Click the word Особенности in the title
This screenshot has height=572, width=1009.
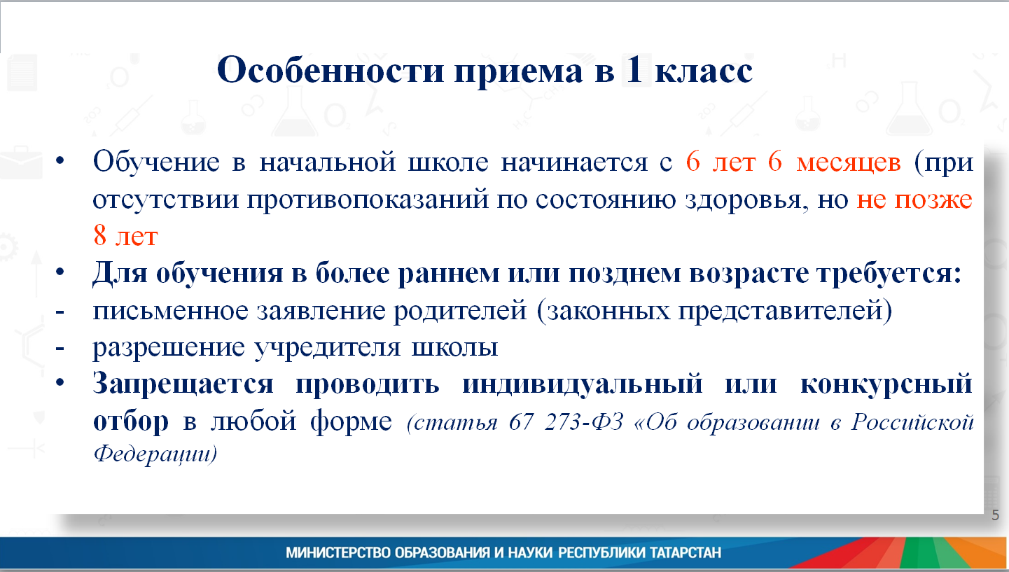(330, 70)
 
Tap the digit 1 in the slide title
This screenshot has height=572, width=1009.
(634, 69)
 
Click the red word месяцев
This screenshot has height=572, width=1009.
(849, 163)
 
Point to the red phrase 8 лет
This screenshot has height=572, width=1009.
(125, 235)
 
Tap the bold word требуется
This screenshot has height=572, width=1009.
(889, 273)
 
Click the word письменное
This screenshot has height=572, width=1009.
(170, 310)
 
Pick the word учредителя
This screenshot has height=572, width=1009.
(328, 348)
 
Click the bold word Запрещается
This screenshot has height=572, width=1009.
(183, 384)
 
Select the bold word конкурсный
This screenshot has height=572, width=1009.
(886, 384)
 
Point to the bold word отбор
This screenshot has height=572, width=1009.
(131, 421)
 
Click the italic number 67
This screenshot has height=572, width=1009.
(521, 422)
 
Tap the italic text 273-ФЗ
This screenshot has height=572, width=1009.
(584, 422)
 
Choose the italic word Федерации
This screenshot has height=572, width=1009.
(152, 453)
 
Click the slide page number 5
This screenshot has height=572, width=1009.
(995, 515)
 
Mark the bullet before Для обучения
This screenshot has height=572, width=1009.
(60, 272)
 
